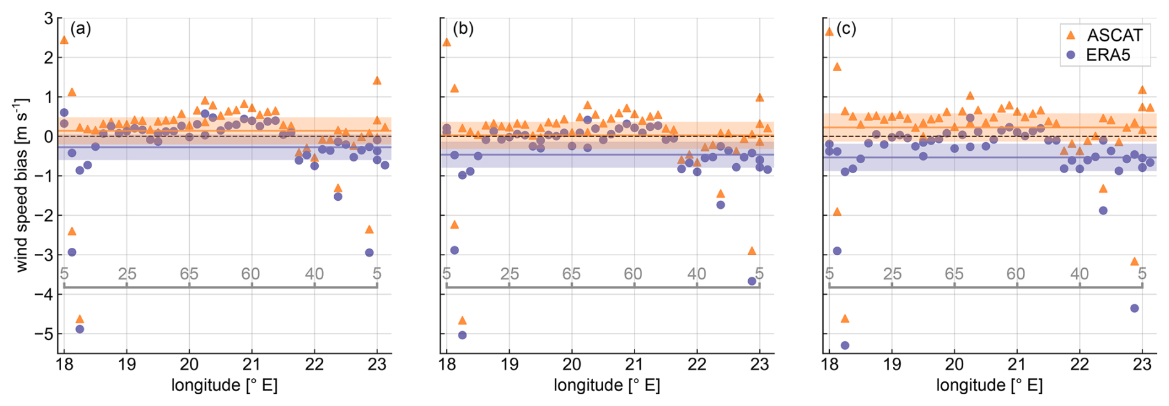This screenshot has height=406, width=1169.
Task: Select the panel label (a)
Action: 80,28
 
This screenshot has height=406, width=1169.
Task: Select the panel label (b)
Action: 463,28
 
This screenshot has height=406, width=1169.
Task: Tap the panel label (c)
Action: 846,28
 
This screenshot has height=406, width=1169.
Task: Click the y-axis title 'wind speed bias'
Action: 22,184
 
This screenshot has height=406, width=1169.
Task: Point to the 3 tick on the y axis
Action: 48,19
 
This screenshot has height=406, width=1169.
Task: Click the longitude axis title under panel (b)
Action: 607,386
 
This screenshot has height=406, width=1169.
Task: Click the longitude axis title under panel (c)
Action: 989,386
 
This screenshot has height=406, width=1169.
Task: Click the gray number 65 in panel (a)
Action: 189,274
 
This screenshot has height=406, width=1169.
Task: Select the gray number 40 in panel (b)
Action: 697,274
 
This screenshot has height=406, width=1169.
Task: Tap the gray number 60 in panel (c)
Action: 1015,274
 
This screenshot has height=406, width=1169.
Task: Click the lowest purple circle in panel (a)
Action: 80,329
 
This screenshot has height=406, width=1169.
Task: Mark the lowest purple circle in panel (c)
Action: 845,345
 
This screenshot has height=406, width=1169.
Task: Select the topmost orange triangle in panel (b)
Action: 447,42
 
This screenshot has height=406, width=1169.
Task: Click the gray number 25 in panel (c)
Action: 892,274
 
